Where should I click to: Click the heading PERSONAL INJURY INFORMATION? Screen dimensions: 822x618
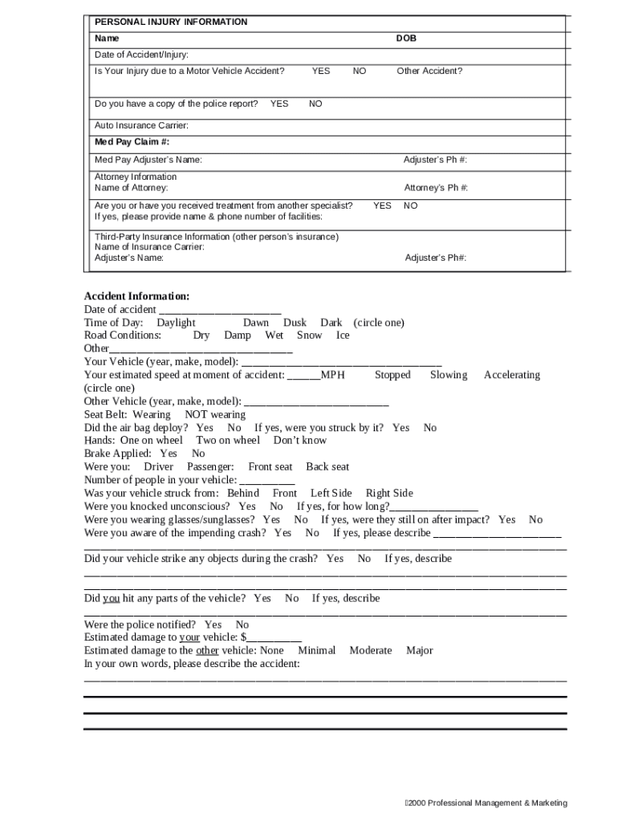click(171, 22)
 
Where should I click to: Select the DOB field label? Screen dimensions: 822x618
click(406, 39)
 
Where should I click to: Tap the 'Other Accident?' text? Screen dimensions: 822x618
click(429, 71)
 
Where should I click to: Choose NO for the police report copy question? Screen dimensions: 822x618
click(315, 104)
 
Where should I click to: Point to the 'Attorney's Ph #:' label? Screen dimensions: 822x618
click(436, 188)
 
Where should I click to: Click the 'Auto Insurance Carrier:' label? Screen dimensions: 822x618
click(141, 125)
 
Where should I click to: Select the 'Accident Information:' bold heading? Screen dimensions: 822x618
click(137, 296)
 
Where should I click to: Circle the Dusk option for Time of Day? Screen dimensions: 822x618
click(295, 323)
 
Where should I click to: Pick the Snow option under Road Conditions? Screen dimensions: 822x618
click(309, 336)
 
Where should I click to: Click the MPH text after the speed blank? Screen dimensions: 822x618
click(332, 375)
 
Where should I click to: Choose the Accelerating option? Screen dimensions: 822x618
click(511, 375)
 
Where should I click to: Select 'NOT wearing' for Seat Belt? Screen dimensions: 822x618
click(215, 414)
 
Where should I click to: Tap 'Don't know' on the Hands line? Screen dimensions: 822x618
click(300, 440)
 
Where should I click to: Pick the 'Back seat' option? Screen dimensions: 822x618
click(327, 466)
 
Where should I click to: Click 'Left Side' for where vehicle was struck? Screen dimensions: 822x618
click(331, 493)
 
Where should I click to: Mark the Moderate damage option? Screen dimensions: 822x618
click(371, 650)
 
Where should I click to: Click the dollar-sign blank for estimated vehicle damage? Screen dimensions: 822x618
click(273, 637)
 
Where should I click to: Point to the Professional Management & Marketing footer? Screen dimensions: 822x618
click(486, 803)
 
